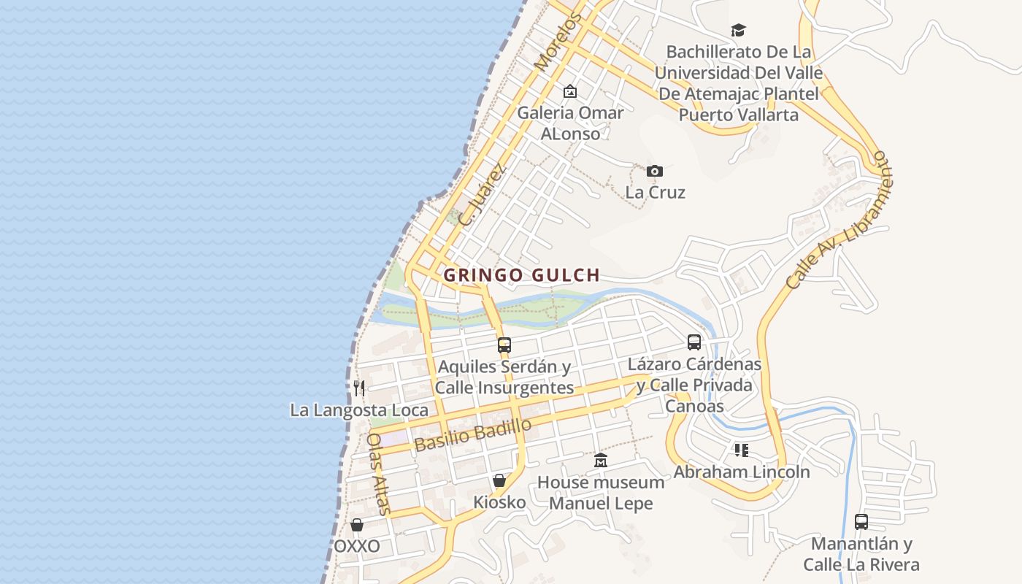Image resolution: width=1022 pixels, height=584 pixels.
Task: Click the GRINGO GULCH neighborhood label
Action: click(x=521, y=275)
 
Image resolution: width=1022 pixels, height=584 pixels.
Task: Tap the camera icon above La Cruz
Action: click(x=655, y=172)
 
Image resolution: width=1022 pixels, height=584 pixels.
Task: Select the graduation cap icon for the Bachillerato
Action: click(x=738, y=31)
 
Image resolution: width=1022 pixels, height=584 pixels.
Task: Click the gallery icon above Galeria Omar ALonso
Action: click(x=570, y=92)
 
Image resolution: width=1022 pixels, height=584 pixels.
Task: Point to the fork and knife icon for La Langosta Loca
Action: click(x=358, y=388)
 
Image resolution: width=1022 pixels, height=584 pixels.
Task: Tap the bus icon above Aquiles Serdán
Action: click(x=504, y=345)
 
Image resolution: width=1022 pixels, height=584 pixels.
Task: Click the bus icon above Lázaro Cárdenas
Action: click(x=693, y=342)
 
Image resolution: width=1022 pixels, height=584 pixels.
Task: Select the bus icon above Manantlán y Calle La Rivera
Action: click(x=861, y=522)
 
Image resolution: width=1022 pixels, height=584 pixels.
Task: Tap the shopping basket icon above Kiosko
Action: click(x=499, y=480)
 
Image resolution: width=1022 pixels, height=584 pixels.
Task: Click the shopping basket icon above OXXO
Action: click(x=357, y=525)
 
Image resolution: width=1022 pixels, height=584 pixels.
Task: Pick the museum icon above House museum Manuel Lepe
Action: click(x=601, y=461)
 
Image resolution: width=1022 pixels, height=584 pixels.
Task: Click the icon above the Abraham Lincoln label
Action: click(x=741, y=450)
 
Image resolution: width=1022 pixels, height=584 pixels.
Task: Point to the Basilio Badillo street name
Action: click(x=472, y=435)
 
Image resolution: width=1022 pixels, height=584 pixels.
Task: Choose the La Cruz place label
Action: click(x=655, y=193)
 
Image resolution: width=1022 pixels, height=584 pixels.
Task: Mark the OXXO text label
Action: click(x=357, y=547)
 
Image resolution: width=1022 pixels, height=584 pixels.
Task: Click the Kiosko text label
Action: click(x=499, y=502)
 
